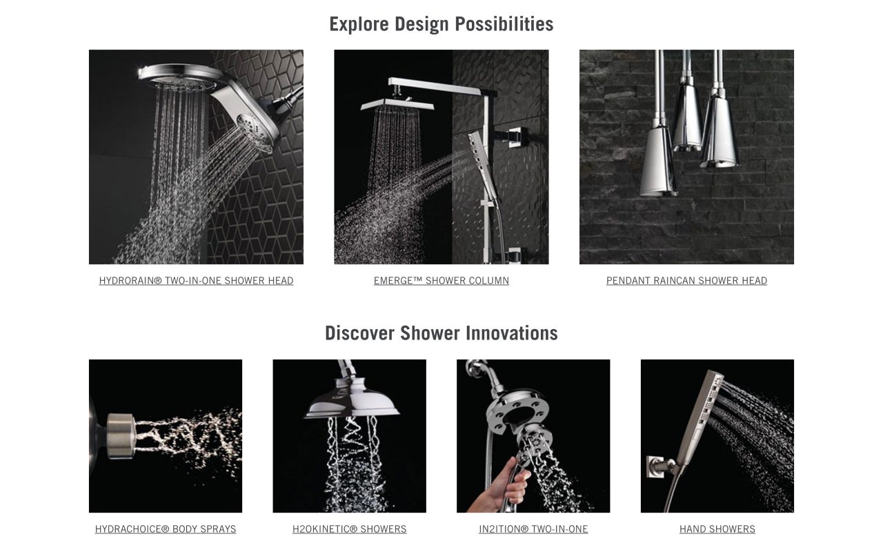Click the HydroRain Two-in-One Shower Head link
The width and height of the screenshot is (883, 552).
196,281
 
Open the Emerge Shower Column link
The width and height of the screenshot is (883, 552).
441,281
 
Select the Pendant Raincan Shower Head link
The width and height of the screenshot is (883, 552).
686,281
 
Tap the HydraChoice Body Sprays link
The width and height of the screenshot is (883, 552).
166,529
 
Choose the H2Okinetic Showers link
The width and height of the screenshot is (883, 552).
349,529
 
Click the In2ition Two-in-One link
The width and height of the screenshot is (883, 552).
533,529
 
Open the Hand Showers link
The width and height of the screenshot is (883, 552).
717,529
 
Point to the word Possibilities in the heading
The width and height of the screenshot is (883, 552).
504,24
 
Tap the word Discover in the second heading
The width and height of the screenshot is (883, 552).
359,333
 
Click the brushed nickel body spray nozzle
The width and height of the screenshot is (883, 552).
121,436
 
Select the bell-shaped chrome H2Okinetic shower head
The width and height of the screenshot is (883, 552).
351,398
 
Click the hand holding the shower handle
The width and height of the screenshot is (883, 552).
501,486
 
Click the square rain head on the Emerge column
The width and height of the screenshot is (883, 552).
397,104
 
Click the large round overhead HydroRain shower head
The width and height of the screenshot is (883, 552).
182,77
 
